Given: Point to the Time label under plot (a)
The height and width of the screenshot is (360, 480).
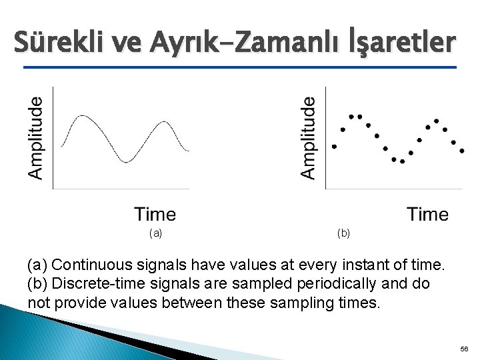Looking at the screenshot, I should (x=155, y=214).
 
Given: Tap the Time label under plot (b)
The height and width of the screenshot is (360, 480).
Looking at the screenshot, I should (x=427, y=214).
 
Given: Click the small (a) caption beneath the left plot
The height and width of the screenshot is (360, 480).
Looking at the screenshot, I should (x=155, y=233).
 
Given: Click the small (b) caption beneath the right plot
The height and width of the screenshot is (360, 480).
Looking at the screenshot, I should (x=343, y=233).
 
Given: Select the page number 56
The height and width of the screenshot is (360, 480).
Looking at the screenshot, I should (x=464, y=349).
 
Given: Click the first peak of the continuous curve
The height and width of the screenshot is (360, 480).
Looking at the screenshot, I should (x=83, y=116).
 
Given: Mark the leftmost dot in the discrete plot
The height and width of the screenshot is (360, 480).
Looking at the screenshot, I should (x=334, y=147).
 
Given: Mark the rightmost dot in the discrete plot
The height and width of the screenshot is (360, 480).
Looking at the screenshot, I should (x=462, y=151).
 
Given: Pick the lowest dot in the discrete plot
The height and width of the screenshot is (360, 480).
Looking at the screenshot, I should (x=402, y=161).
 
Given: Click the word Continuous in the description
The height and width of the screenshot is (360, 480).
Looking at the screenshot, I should (x=89, y=265).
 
